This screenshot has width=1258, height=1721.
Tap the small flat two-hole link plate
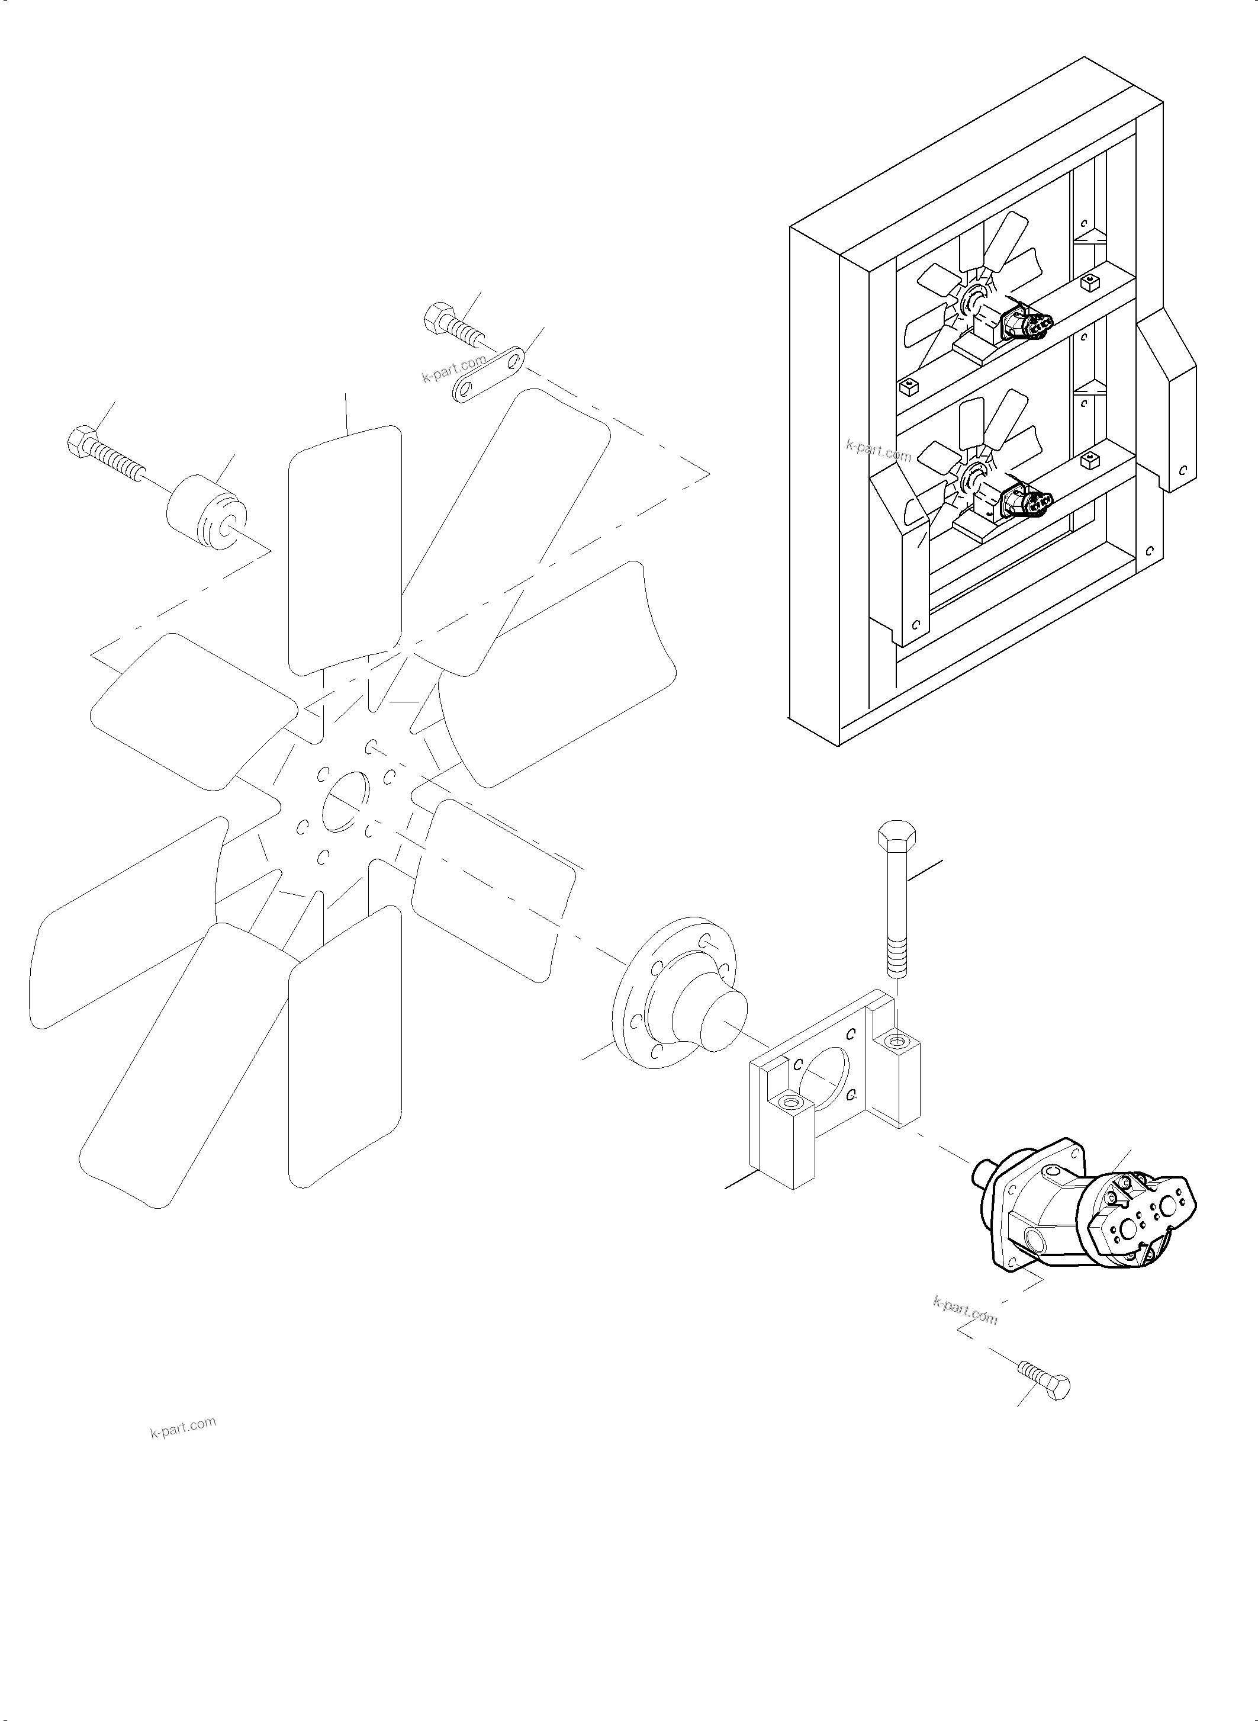point(489,374)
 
